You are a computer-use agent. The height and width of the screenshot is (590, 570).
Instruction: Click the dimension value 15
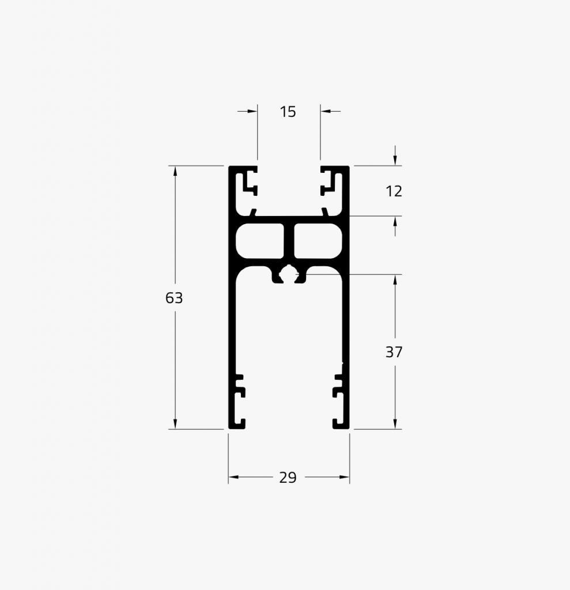[x=288, y=112]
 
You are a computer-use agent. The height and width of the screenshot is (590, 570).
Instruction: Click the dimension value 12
[x=394, y=191]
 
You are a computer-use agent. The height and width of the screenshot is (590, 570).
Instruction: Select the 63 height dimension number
[x=174, y=298]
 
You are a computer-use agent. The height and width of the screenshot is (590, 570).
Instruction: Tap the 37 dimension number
[x=394, y=352]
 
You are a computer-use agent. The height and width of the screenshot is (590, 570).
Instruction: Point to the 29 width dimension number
[x=288, y=478]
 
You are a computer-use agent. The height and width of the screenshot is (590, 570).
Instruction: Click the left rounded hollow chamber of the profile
[x=260, y=241]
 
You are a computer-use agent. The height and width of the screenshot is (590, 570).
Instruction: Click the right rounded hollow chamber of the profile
[x=318, y=241]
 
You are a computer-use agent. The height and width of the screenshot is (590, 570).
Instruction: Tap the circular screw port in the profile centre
[x=289, y=274]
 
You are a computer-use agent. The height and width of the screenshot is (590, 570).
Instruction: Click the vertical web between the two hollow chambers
[x=289, y=241]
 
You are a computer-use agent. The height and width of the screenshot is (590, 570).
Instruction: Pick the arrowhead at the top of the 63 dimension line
[x=175, y=171]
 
